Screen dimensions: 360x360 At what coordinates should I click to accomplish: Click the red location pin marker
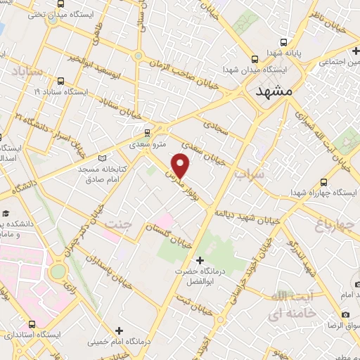click(181, 165)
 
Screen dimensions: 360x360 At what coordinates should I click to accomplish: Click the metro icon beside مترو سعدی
click(147, 132)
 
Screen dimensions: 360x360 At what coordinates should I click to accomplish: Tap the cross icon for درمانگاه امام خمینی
click(119, 330)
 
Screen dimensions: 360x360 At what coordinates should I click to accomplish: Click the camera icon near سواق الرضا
click(346, 314)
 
